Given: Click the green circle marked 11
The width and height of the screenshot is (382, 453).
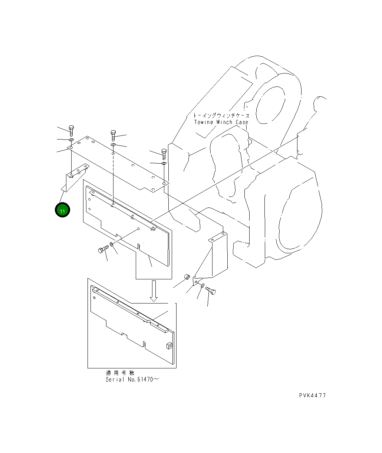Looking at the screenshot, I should tap(62, 210).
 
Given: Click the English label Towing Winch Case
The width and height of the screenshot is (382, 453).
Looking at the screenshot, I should tap(221, 122).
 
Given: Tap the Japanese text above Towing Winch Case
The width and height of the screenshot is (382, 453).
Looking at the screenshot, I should tap(221, 116).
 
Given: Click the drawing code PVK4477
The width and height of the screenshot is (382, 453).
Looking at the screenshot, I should tap(312, 395).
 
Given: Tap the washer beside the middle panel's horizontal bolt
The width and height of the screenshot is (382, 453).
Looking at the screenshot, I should tap(112, 245).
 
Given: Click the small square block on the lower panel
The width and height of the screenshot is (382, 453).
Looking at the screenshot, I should tap(168, 346).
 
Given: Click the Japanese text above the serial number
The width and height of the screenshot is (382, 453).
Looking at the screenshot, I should tap(120, 373).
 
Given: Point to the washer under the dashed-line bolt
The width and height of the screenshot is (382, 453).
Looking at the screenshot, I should tap(113, 144).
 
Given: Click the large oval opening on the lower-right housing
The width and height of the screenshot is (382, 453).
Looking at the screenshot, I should tap(297, 223).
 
